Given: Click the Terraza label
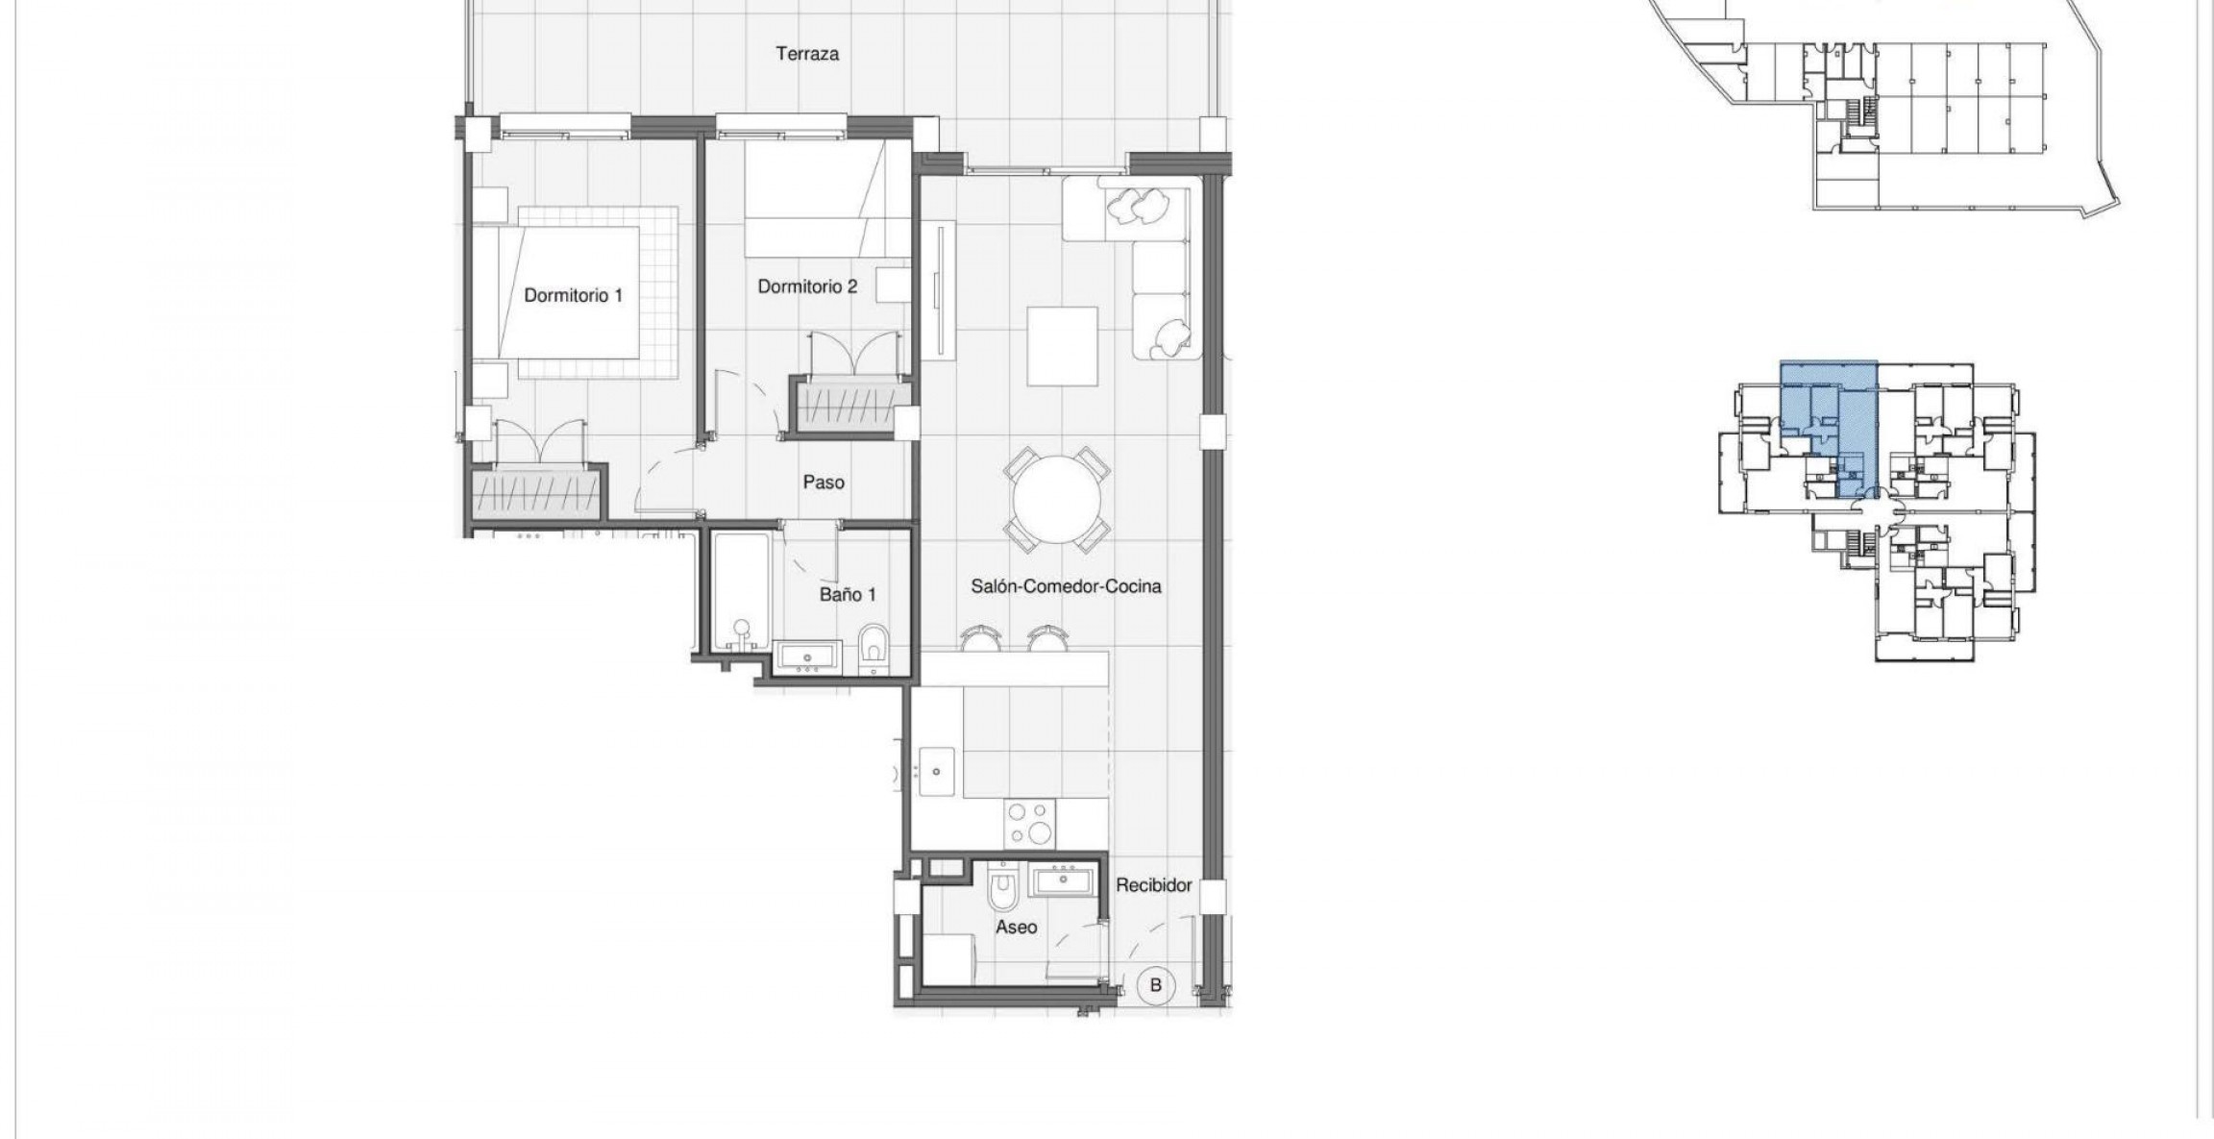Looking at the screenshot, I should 807,55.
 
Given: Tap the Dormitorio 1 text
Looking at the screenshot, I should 573,296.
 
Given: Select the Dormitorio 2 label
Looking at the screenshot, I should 807,286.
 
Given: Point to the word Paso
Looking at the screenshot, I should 824,483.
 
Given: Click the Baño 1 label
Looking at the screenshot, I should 847,595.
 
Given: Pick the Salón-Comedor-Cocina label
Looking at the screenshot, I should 1065,586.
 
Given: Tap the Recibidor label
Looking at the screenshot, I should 1153,885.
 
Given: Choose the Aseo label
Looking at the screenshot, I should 1016,928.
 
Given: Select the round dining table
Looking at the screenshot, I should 1057,500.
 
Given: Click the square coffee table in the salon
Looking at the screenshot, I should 1063,346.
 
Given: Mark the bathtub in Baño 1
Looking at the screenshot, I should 741,591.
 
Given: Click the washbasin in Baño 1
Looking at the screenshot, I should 808,658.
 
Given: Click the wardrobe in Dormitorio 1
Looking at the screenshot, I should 537,491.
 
